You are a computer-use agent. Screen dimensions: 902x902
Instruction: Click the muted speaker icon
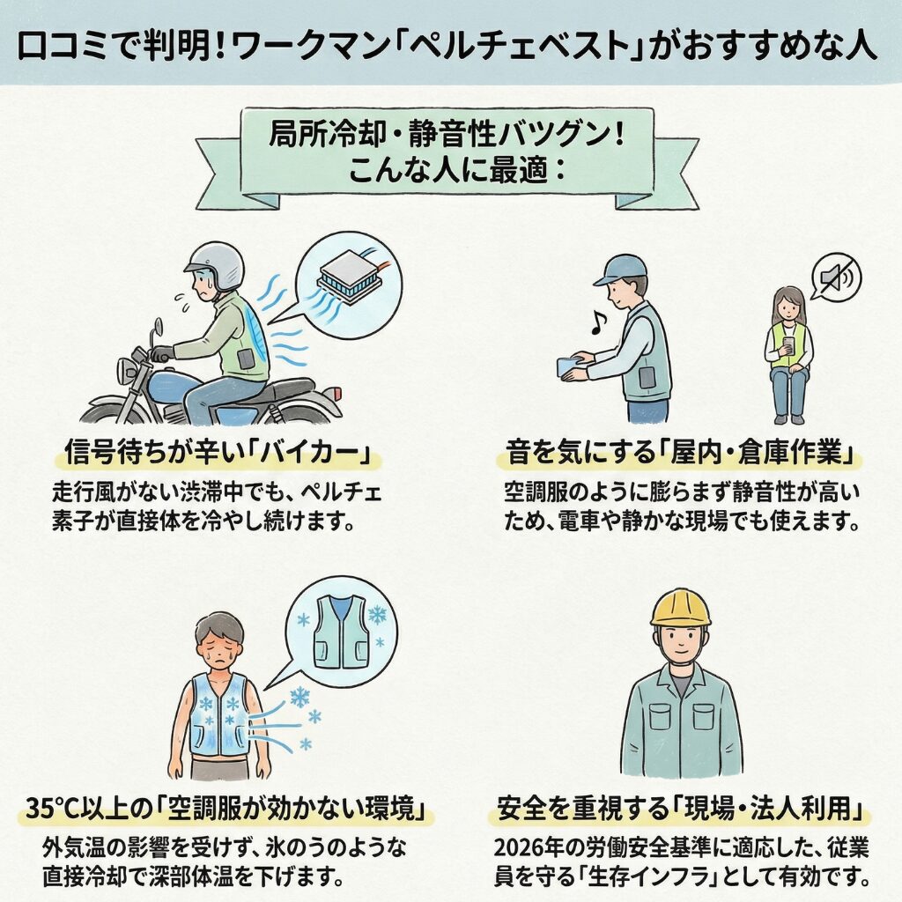tap(834, 277)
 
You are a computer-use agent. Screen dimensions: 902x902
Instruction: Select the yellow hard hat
tap(680, 608)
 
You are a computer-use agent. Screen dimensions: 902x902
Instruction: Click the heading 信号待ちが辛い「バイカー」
tap(216, 454)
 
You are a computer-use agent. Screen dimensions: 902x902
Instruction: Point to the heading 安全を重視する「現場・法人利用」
tap(678, 807)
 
